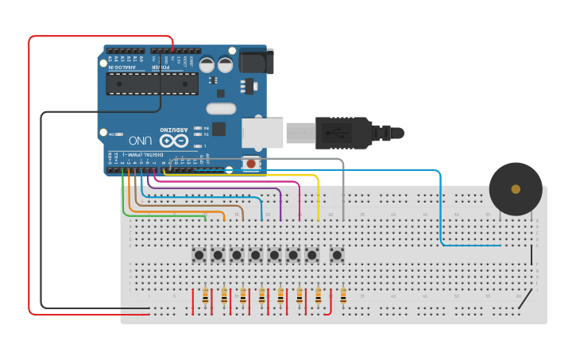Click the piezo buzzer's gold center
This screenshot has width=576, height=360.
pyautogui.click(x=516, y=189)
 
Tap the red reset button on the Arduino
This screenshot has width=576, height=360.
pyautogui.click(x=251, y=164)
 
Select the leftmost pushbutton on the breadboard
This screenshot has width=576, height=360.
pyautogui.click(x=199, y=255)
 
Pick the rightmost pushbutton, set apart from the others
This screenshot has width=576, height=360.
pyautogui.click(x=337, y=255)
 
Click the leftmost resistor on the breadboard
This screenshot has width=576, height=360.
pyautogui.click(x=205, y=296)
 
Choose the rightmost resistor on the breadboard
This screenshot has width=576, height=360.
pyautogui.click(x=343, y=296)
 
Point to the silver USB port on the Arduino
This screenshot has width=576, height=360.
pyautogui.click(x=262, y=133)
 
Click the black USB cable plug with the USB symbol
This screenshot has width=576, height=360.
pyautogui.click(x=342, y=132)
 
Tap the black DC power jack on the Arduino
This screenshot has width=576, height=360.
pyautogui.click(x=256, y=61)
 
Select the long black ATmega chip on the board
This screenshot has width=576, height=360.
pyautogui.click(x=153, y=83)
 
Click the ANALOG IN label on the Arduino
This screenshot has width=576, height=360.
pyautogui.click(x=122, y=68)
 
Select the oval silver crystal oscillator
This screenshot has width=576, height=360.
pyautogui.click(x=221, y=108)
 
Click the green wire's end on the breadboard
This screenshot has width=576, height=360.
pyautogui.click(x=205, y=219)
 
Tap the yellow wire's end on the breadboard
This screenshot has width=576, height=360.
pyautogui.click(x=319, y=219)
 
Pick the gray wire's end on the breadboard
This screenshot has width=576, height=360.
pyautogui.click(x=343, y=219)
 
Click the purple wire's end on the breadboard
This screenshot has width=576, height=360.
pyautogui.click(x=280, y=219)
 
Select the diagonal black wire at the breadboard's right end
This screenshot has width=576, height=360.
pyautogui.click(x=524, y=300)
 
